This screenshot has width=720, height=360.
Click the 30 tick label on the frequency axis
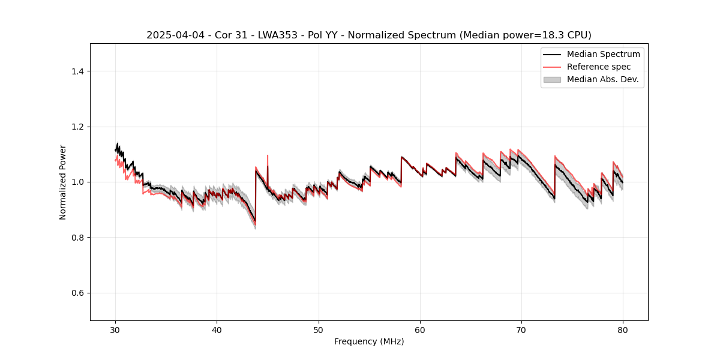pyautogui.click(x=115, y=330)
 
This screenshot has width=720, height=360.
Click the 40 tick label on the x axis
pyautogui.click(x=217, y=330)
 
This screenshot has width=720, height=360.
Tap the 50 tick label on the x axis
pyautogui.click(x=319, y=330)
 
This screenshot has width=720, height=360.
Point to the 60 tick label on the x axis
pyautogui.click(x=420, y=330)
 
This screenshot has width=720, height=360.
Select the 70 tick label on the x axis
pyautogui.click(x=521, y=330)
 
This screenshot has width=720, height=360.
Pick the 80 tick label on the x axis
pyautogui.click(x=623, y=330)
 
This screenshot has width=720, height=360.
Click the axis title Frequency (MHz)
pyautogui.click(x=369, y=342)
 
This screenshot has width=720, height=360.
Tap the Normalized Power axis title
pyautogui.click(x=63, y=182)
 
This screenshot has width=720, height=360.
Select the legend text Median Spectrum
pyautogui.click(x=603, y=54)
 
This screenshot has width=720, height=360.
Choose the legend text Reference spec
pyautogui.click(x=599, y=67)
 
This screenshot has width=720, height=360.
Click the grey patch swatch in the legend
pyautogui.click(x=552, y=79)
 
